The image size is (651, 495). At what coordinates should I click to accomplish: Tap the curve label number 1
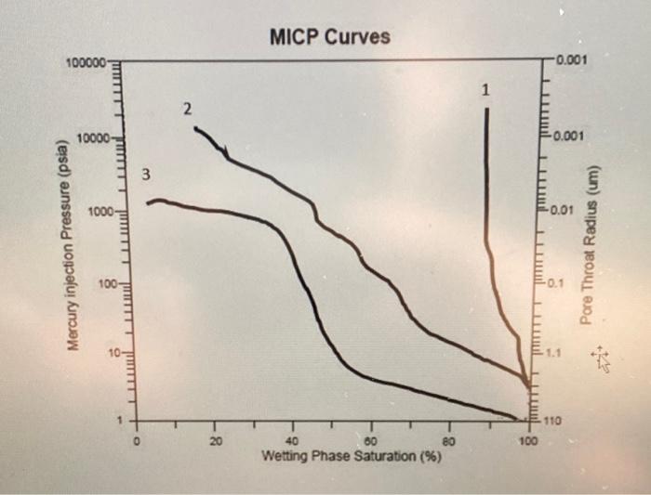coord(485,90)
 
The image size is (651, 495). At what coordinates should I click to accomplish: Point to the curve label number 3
coord(145,175)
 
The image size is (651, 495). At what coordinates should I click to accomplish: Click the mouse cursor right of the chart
coord(602,358)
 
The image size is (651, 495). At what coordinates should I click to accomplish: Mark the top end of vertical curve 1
coord(486,109)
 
